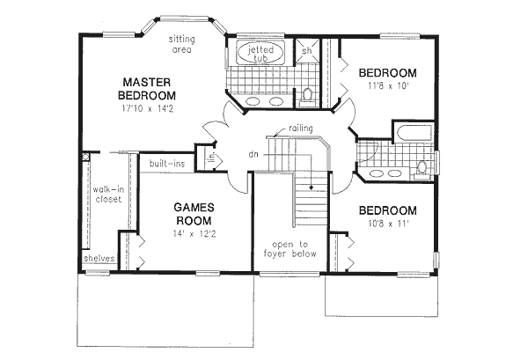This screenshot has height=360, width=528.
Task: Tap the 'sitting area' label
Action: (x=184, y=44)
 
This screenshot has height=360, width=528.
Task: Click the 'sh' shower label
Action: (x=307, y=51)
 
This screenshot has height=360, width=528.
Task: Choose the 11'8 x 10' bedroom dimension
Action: (x=388, y=86)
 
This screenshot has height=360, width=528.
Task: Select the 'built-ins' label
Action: (x=166, y=164)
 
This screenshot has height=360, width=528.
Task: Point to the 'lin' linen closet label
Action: (x=211, y=158)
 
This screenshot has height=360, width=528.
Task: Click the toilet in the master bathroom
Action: (x=307, y=92)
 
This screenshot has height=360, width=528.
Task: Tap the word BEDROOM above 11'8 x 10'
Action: (x=387, y=72)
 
